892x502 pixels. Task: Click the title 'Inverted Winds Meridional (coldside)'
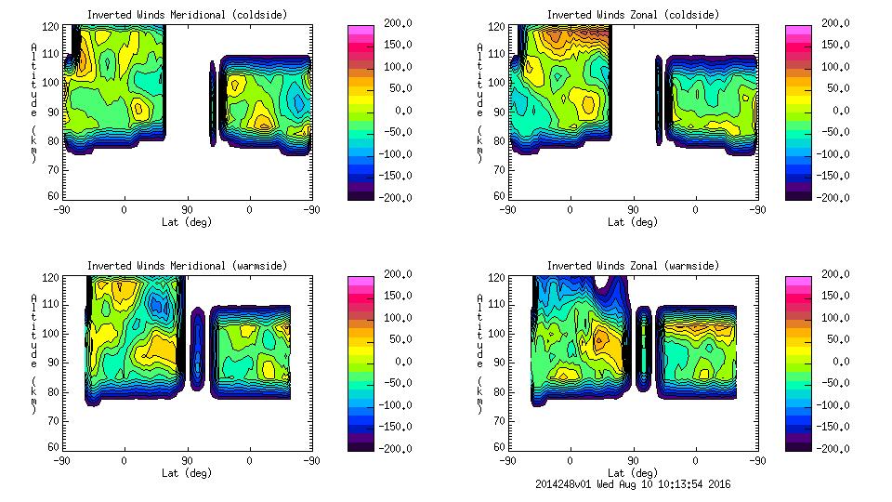point(187,15)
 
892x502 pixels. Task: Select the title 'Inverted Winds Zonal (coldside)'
point(633,15)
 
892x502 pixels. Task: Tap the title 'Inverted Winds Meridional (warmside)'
point(187,266)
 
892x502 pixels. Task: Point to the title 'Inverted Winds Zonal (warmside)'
point(633,266)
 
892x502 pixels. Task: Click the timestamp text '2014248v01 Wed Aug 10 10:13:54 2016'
point(633,484)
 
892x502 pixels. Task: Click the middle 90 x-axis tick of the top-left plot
point(187,210)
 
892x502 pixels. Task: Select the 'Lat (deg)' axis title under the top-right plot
point(633,222)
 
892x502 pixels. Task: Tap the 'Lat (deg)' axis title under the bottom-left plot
point(187,473)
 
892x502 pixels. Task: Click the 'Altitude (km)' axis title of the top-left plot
point(34,102)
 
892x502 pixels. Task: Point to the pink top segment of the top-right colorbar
point(797,31)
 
